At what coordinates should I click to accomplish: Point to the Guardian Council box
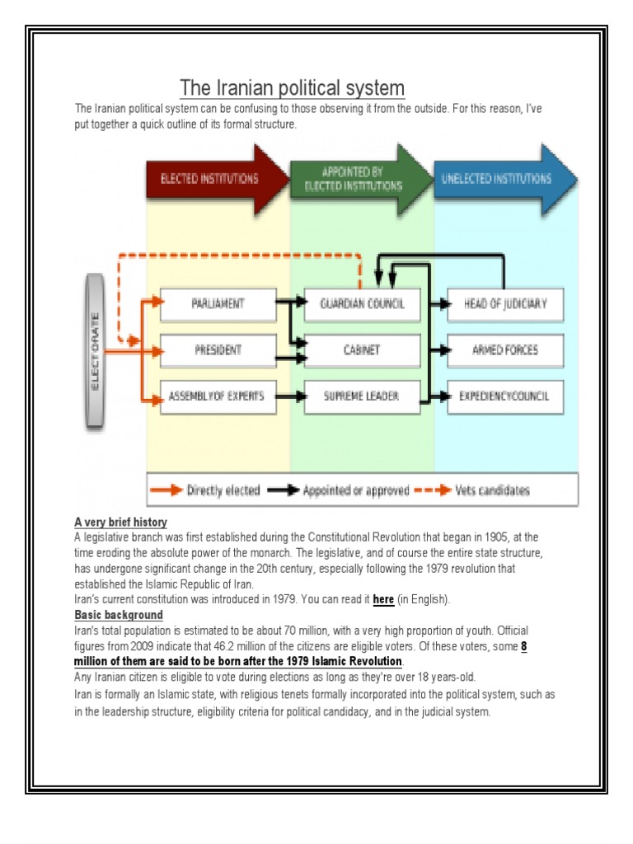click(x=362, y=303)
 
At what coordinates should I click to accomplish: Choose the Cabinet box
click(x=362, y=350)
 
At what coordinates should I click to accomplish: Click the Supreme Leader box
click(x=362, y=396)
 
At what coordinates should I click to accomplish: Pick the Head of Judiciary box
click(x=505, y=303)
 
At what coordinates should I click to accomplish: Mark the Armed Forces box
click(x=505, y=350)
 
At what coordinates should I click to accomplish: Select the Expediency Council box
click(x=505, y=396)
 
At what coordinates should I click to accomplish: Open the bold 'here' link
click(x=383, y=599)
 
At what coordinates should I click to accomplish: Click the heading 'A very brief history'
click(x=120, y=522)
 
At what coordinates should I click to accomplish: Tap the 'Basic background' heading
click(x=119, y=615)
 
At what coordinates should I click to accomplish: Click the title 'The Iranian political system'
click(x=293, y=87)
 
